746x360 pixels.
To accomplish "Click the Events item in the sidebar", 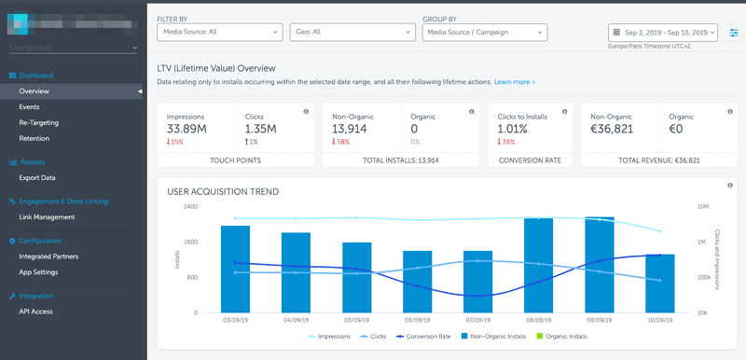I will click(29, 107).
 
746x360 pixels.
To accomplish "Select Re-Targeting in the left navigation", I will click(38, 122).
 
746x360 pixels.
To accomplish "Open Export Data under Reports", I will click(37, 177).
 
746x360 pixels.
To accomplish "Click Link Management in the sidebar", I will click(47, 217).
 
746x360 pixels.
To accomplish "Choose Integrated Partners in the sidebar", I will click(48, 256).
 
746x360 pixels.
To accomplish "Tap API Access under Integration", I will click(35, 312).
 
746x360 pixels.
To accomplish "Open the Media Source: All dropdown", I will click(218, 32).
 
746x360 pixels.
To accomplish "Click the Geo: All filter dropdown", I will click(352, 32).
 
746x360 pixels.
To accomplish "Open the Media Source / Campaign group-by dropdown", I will click(484, 32).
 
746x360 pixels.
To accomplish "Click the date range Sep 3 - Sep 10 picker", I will click(663, 32).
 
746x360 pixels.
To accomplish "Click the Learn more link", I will click(514, 82).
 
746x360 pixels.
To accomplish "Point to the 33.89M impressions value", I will click(188, 129).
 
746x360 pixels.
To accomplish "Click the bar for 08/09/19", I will click(539, 265).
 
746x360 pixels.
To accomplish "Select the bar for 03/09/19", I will click(235, 269).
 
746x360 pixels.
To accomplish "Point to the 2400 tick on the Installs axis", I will click(189, 206).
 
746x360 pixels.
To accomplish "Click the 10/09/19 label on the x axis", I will click(659, 320).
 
